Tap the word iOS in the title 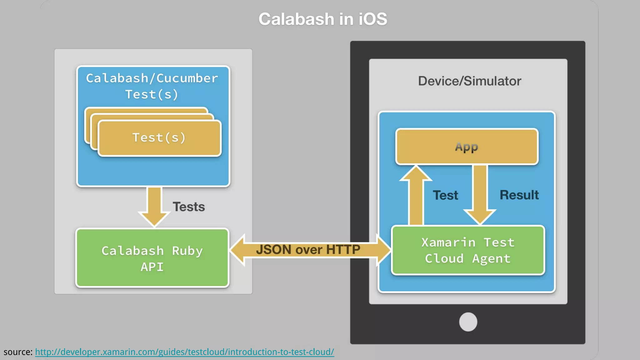point(372,19)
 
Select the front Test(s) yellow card point(159,138)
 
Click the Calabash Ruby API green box point(152,258)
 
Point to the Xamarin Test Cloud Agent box point(468,250)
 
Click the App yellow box point(467,147)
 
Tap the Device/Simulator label point(469,81)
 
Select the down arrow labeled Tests point(154,206)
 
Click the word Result point(519,195)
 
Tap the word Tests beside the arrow point(189,207)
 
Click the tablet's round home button point(468,322)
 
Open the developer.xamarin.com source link point(184,352)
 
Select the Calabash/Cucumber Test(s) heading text point(152,86)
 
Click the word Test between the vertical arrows point(445,195)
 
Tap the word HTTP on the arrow point(343,250)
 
